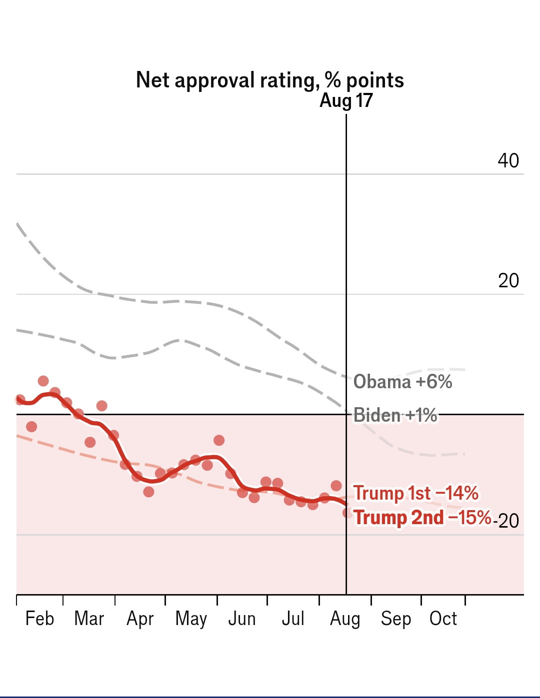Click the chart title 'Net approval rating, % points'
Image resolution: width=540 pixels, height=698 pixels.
pyautogui.click(x=269, y=80)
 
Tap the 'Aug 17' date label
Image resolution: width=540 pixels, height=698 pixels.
pyautogui.click(x=346, y=100)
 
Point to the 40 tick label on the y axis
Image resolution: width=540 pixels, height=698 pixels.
pyautogui.click(x=508, y=160)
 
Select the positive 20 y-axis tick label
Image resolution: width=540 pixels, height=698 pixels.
pyautogui.click(x=508, y=281)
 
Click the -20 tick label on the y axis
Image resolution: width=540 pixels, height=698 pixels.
pyautogui.click(x=507, y=521)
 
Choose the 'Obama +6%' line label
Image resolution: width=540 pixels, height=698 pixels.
pyautogui.click(x=402, y=382)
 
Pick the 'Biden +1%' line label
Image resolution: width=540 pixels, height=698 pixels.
pyautogui.click(x=395, y=415)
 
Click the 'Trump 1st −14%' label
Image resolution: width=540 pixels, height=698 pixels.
pyautogui.click(x=415, y=493)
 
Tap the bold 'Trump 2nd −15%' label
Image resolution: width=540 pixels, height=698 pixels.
pyautogui.click(x=422, y=518)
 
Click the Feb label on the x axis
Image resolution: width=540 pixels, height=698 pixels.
pyautogui.click(x=39, y=619)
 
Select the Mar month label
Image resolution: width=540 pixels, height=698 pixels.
pyautogui.click(x=89, y=619)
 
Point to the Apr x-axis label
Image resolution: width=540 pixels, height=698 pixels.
pyautogui.click(x=140, y=619)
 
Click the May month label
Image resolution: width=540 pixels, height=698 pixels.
pyautogui.click(x=191, y=619)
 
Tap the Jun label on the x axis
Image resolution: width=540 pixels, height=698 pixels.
pyautogui.click(x=242, y=619)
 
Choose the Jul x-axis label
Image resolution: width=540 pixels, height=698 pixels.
pyautogui.click(x=293, y=619)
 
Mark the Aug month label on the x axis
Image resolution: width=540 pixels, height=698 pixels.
pyautogui.click(x=345, y=619)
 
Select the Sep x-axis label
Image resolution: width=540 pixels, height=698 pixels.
pyautogui.click(x=395, y=619)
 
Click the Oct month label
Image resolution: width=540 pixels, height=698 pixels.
pyautogui.click(x=443, y=619)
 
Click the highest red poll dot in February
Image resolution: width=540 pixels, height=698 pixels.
pyautogui.click(x=43, y=381)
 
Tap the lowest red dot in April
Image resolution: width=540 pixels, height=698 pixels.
pyautogui.click(x=148, y=492)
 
